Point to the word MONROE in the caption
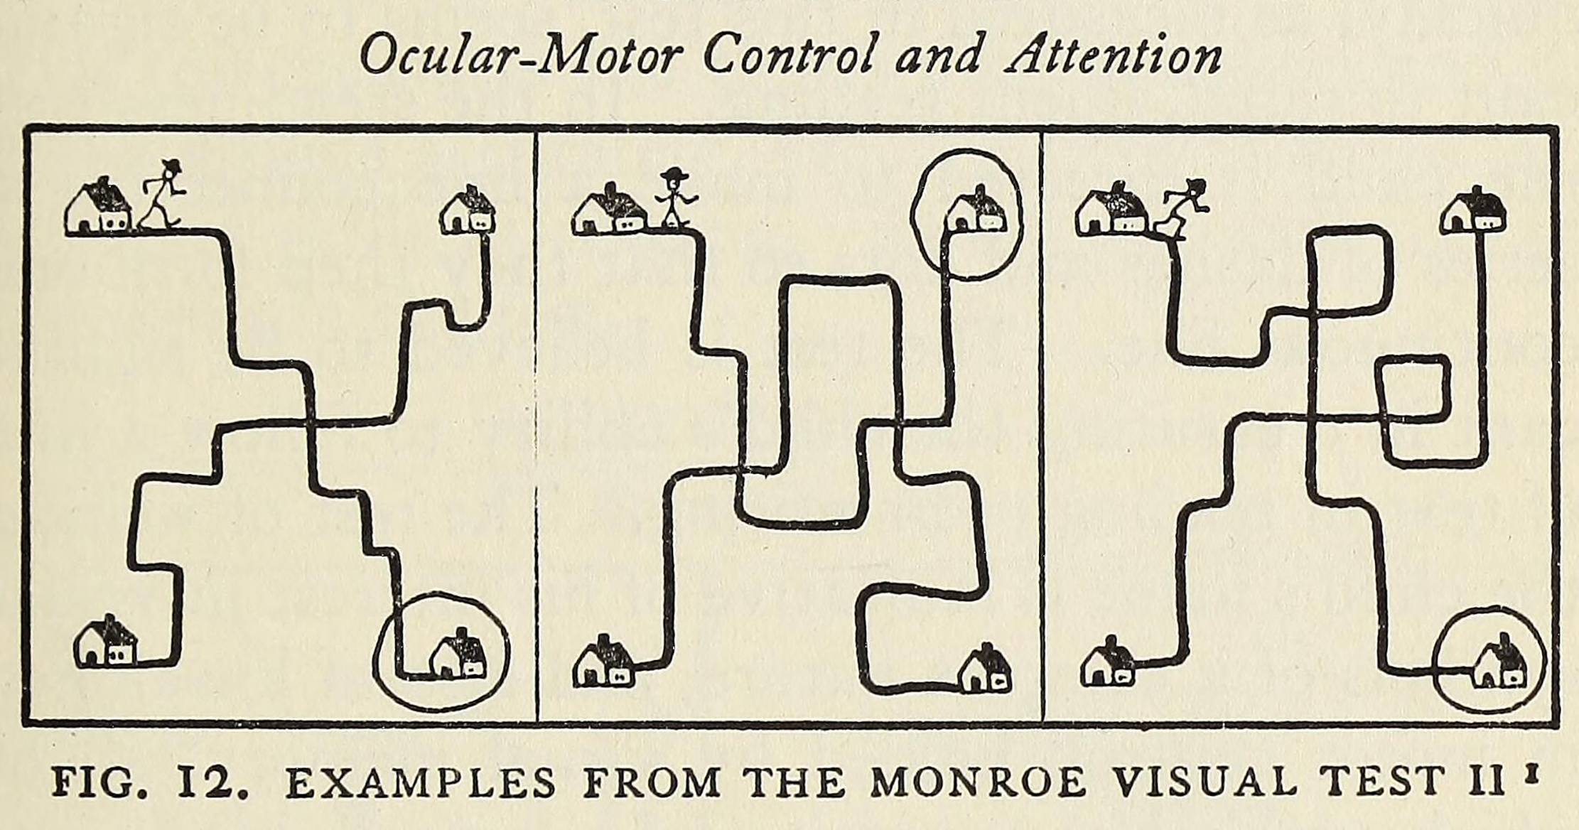click(979, 782)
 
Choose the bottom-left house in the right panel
click(1108, 663)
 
